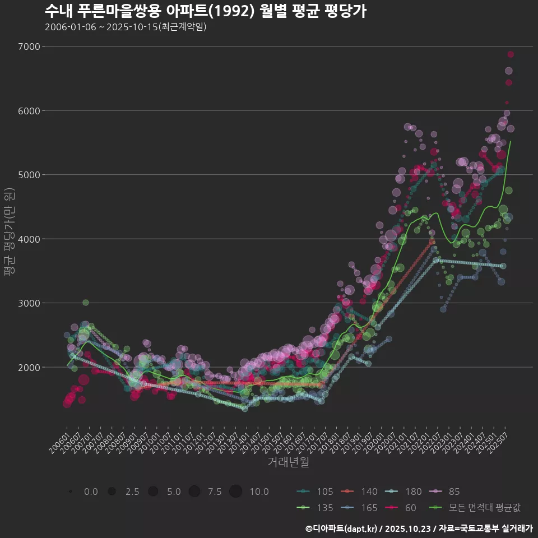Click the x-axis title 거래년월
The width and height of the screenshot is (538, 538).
click(x=288, y=462)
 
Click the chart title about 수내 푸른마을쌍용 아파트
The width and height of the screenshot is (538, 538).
click(x=205, y=11)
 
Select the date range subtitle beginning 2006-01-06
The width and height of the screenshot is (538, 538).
click(x=126, y=27)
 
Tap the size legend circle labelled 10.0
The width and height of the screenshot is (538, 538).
click(x=235, y=491)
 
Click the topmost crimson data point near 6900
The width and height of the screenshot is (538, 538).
click(x=511, y=54)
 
